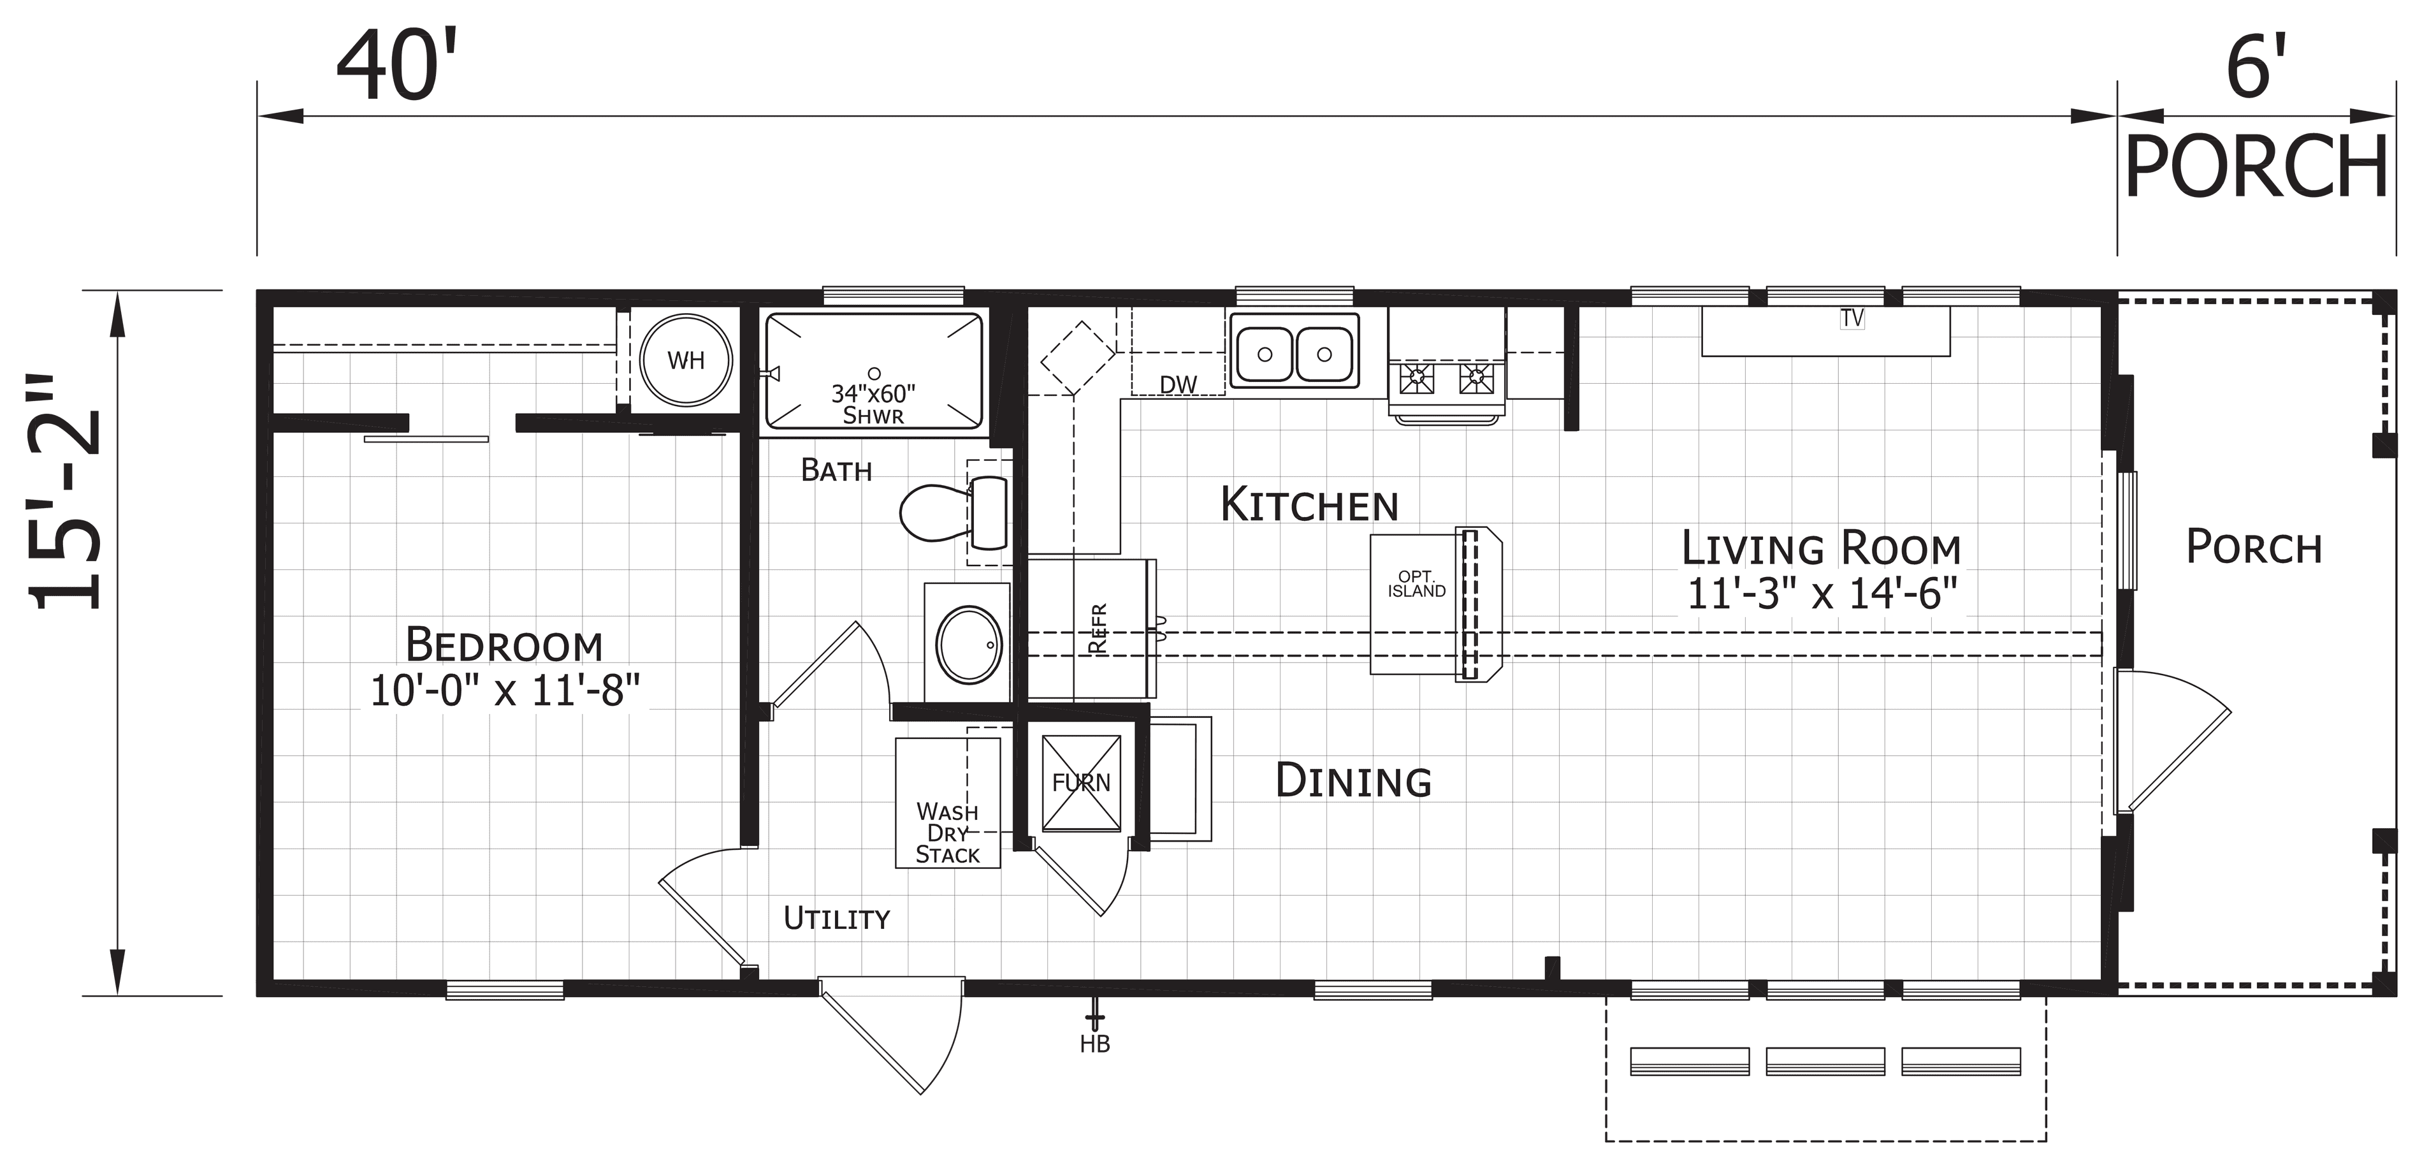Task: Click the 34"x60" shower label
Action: tap(873, 404)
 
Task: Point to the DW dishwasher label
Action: tap(1178, 384)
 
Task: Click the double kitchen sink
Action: tap(1294, 351)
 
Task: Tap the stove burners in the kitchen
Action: tap(1447, 379)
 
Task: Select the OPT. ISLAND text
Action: tap(1416, 584)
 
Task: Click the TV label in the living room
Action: tap(1852, 318)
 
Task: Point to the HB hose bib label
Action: tap(1096, 1044)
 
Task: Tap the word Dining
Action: tap(1353, 780)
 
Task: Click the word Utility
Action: tap(837, 918)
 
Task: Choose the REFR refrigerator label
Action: tap(1098, 628)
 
